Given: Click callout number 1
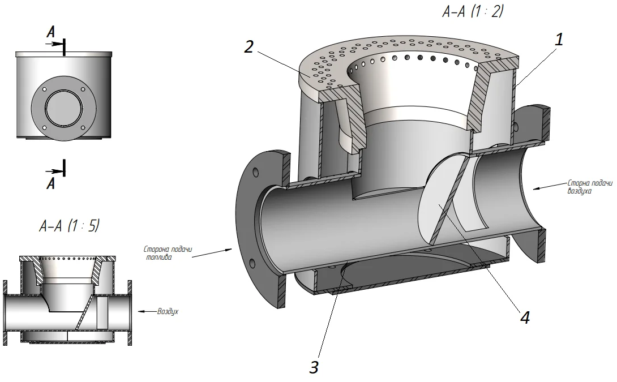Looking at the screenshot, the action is (x=559, y=40).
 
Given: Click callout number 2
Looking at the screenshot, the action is (x=248, y=47).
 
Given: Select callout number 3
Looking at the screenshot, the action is (x=314, y=367).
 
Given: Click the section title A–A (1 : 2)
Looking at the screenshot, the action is (x=473, y=11).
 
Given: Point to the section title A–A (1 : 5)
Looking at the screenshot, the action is (x=70, y=226).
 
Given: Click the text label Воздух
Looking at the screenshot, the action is (x=168, y=311).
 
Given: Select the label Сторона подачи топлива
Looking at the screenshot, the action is (x=168, y=253).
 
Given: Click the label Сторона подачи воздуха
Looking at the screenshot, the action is (x=590, y=187).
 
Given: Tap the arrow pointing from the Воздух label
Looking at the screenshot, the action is (x=147, y=311).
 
